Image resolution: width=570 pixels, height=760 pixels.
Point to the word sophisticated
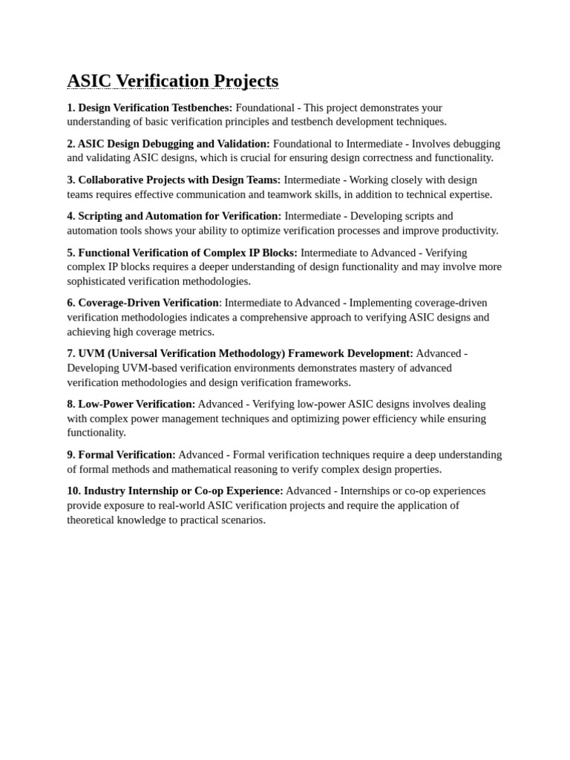click(98, 281)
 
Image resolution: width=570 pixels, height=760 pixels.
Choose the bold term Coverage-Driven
click(123, 303)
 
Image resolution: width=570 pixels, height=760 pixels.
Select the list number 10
click(73, 491)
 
